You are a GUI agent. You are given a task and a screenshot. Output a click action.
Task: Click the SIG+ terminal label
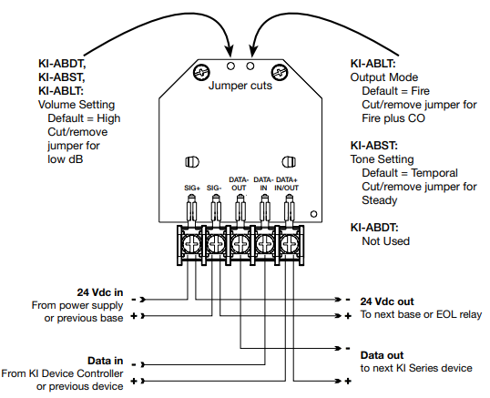point(192,188)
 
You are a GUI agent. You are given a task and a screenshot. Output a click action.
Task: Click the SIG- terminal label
point(214,188)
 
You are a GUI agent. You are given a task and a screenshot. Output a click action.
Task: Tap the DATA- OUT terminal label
point(239,184)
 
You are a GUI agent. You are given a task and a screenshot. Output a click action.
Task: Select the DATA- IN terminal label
point(263,184)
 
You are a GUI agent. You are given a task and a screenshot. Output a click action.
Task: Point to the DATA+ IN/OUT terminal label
point(287,184)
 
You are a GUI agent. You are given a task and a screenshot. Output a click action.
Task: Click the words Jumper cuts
point(240,86)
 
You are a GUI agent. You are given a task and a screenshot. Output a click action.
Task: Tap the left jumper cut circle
point(230,66)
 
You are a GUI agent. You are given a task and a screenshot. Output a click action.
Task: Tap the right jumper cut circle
point(250,66)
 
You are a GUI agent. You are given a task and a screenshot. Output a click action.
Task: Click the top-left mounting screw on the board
point(201,73)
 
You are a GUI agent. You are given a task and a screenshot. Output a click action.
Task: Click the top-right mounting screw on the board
point(279,73)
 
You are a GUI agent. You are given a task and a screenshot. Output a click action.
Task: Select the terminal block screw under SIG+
point(191,244)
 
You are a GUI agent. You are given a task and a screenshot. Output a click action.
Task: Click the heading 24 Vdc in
point(100,292)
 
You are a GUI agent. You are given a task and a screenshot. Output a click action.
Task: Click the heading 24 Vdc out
point(387,301)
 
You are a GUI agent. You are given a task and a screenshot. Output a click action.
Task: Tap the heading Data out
point(382,355)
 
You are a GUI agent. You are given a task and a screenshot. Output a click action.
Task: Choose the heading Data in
point(106,362)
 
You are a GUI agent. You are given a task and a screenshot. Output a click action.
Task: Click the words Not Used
point(385,241)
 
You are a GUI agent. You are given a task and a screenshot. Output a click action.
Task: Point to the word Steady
point(380,200)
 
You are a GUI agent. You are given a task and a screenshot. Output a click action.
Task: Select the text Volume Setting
point(77,105)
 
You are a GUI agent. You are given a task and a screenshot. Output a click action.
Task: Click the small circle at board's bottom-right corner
point(313,214)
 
